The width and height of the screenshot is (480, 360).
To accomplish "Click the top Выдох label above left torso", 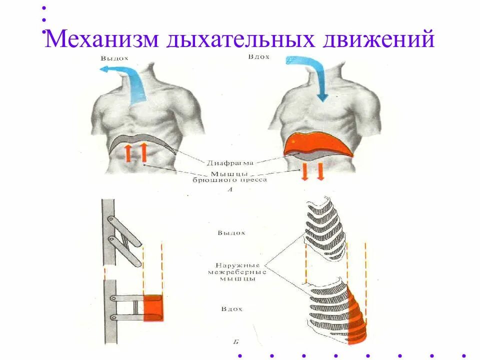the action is (114, 58).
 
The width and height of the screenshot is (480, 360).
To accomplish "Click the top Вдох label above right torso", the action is (258, 57).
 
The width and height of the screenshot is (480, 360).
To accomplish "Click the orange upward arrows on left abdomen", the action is (135, 152).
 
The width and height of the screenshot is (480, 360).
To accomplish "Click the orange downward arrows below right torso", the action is (312, 171).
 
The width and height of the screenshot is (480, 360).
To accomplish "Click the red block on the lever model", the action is (153, 307).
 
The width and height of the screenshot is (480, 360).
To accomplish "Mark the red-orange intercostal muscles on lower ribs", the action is (357, 312).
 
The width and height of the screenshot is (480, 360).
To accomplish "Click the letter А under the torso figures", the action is (230, 190).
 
